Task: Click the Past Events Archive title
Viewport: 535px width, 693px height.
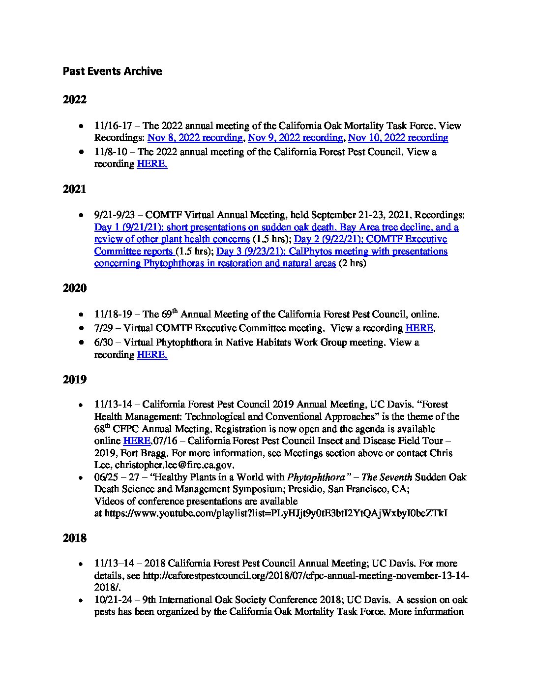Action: tap(112, 71)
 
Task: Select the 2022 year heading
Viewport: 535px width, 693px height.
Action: tap(75, 100)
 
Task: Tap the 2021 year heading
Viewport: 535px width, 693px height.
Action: tap(75, 189)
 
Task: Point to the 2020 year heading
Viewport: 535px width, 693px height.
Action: tap(75, 288)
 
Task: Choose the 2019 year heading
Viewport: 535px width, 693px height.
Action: tap(75, 379)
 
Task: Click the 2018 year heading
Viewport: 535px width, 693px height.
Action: tap(75, 538)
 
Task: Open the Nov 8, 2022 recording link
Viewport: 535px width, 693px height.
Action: tap(195, 138)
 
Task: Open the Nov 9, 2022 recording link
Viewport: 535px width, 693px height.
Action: tap(295, 138)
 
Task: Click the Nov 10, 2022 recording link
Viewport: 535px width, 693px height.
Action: tap(398, 138)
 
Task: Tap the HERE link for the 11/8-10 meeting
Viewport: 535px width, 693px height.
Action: tap(152, 164)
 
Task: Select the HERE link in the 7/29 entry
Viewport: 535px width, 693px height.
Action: tap(419, 328)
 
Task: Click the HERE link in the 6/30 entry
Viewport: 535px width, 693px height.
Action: tap(152, 355)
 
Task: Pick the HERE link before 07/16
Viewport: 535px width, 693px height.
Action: tap(136, 441)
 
